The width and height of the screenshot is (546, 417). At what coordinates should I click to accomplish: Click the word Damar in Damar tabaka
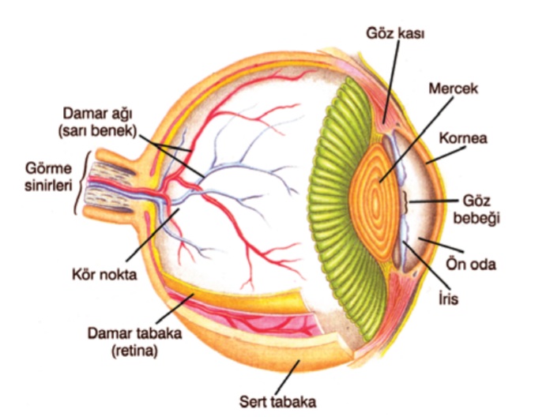[105, 332]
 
